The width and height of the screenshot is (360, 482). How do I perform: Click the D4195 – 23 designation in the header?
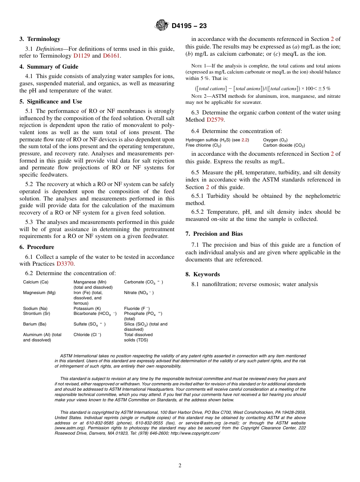click(189, 26)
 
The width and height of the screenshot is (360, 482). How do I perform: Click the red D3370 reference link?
click(65, 264)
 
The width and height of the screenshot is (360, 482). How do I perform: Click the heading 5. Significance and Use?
click(51, 102)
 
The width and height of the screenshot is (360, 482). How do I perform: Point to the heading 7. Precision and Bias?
click(214, 234)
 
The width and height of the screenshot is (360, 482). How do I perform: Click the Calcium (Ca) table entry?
click(36, 282)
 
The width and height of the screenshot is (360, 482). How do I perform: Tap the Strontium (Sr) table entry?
click(36, 314)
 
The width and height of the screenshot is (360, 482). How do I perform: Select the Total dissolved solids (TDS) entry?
click(138, 337)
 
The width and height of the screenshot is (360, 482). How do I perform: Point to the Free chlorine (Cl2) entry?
click(203, 146)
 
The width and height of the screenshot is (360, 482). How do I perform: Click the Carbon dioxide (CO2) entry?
click(284, 146)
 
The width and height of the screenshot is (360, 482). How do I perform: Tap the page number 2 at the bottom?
click(180, 466)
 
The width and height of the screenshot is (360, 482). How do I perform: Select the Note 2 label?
click(199, 96)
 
